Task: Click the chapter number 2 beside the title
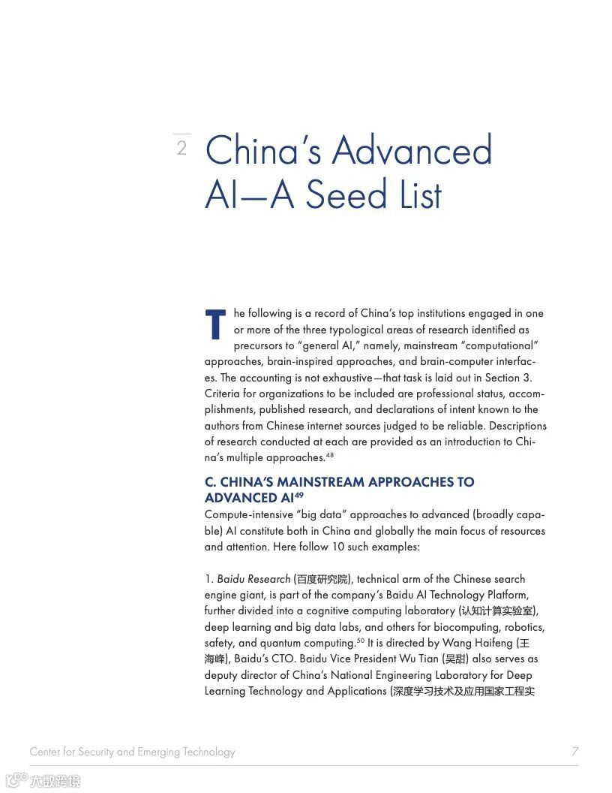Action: point(181,148)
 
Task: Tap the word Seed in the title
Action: point(345,194)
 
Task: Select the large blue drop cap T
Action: point(215,324)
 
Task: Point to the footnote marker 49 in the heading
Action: point(298,495)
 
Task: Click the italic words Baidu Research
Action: point(253,579)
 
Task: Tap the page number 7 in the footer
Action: point(574,751)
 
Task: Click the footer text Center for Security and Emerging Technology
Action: point(132,752)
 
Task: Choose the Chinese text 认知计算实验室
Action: point(498,611)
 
